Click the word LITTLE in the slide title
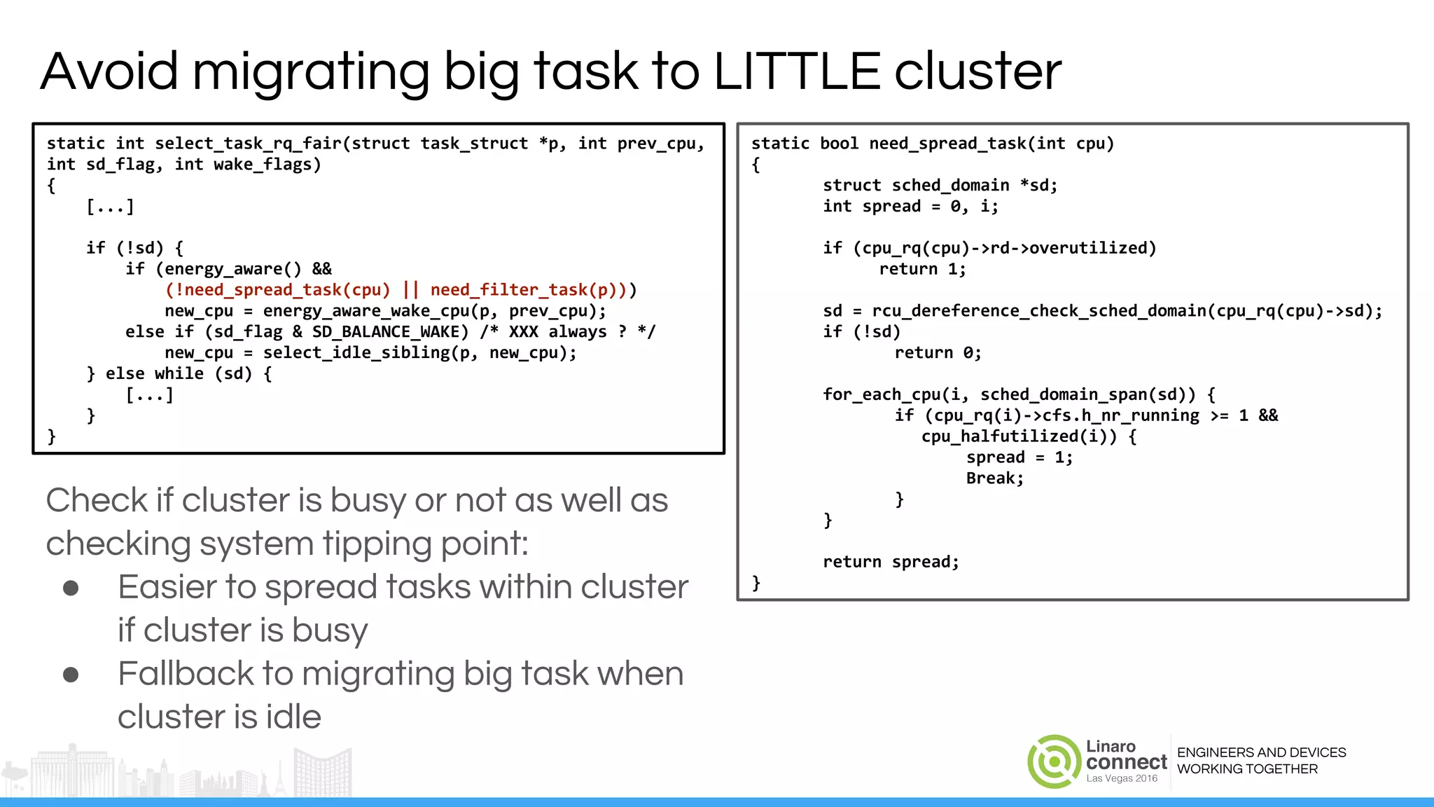point(797,71)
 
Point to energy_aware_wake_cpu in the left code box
point(366,311)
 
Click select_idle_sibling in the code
point(356,353)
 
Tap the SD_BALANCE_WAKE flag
point(390,332)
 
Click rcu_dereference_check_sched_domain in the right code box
point(1040,311)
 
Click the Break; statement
point(994,478)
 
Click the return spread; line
point(891,562)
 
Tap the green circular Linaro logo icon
point(1054,761)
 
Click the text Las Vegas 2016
point(1122,778)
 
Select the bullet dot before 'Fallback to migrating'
point(71,675)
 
